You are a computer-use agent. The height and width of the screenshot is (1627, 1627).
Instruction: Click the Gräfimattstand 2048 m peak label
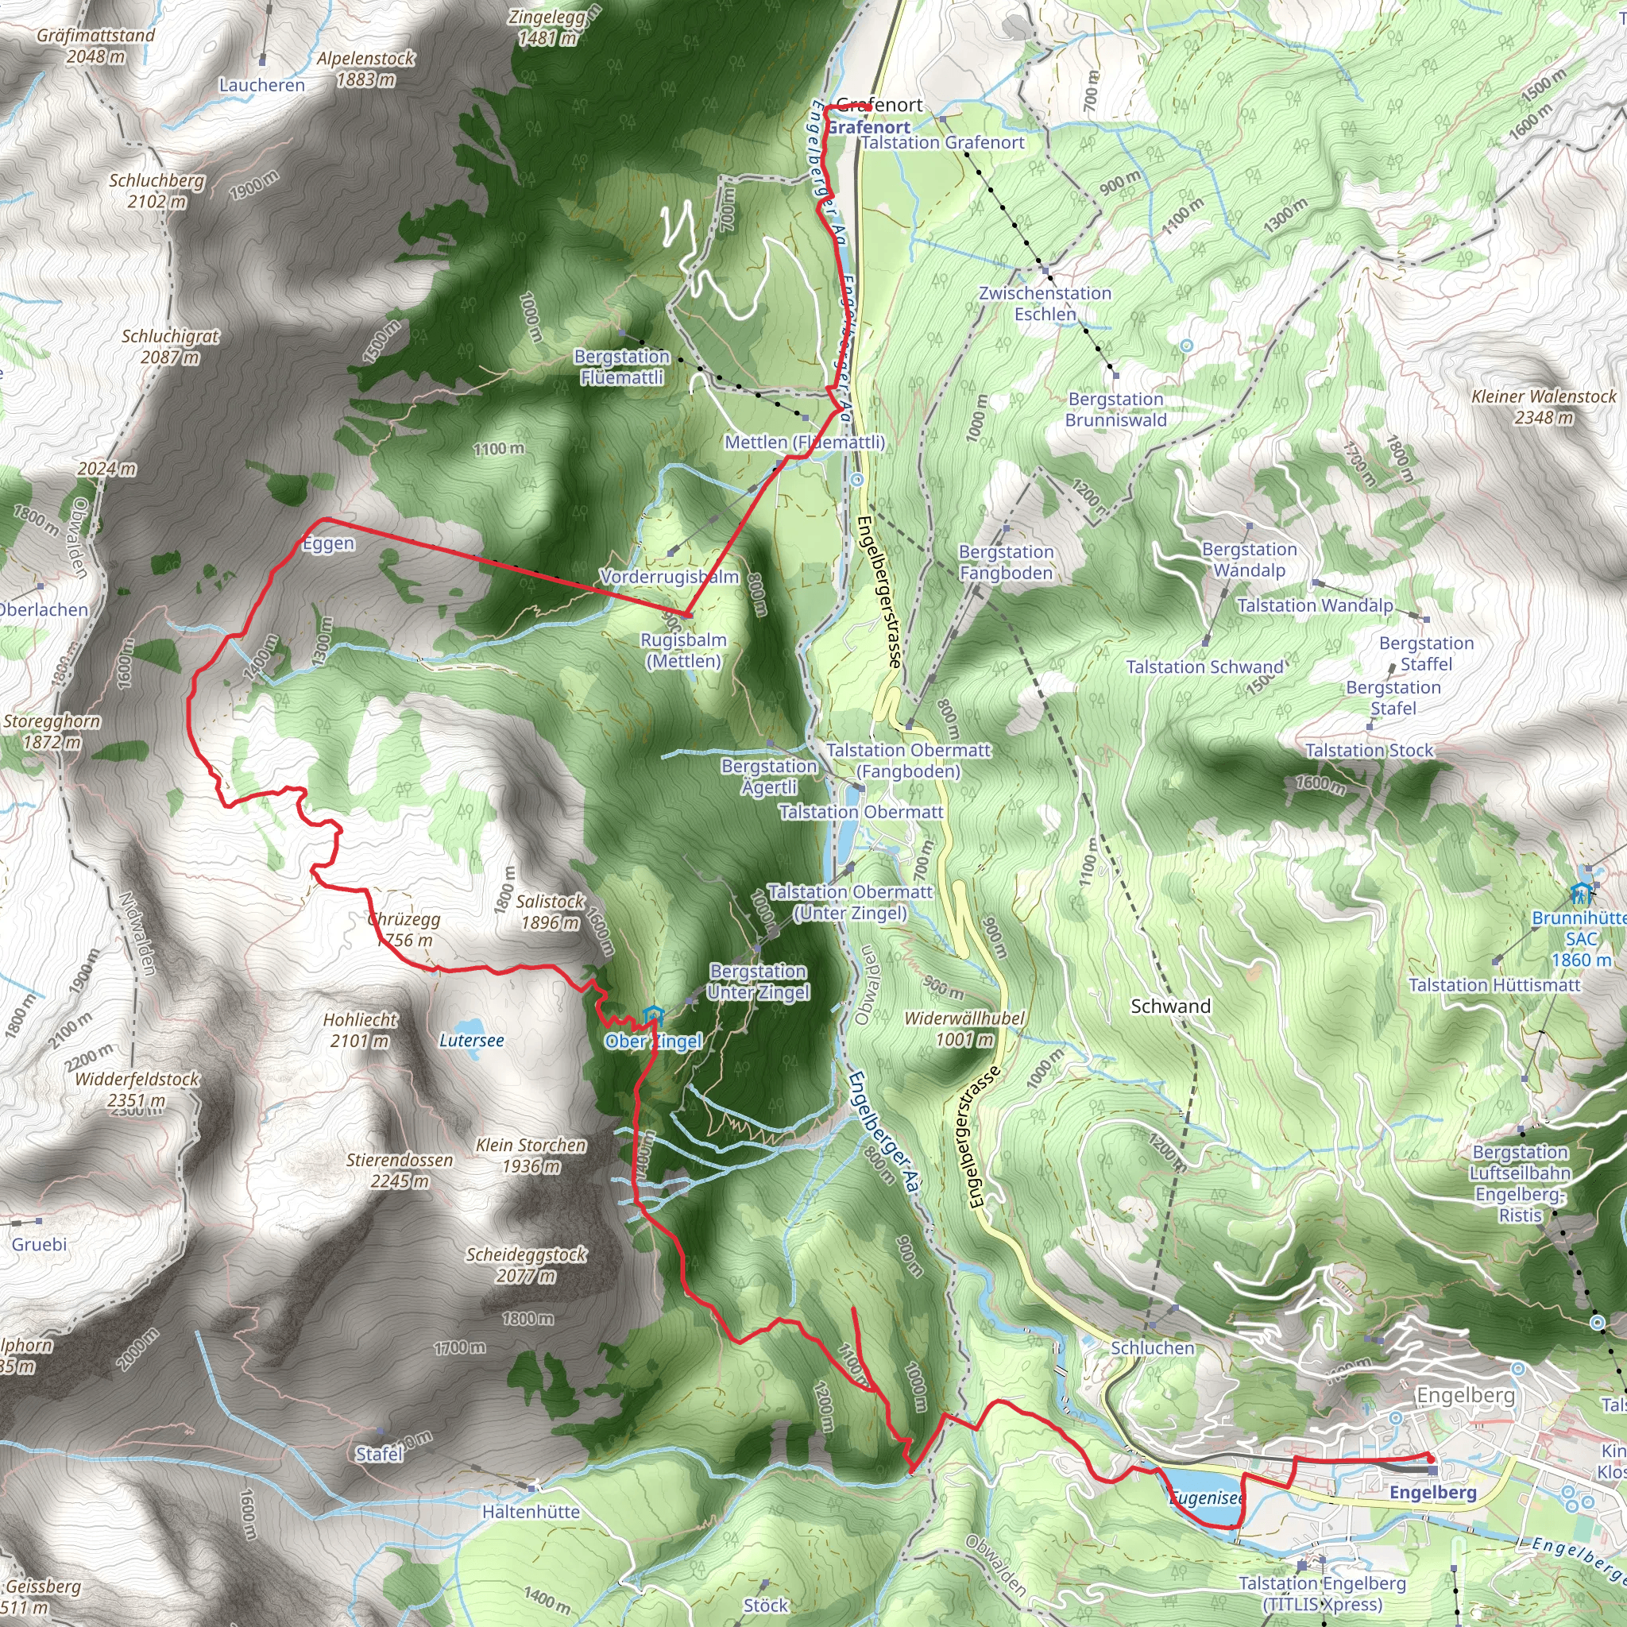96,45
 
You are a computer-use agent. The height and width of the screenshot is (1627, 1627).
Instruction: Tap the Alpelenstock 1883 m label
365,69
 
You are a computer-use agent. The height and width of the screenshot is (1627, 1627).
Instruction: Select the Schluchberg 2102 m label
157,191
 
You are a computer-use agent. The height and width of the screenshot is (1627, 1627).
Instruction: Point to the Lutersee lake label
472,1040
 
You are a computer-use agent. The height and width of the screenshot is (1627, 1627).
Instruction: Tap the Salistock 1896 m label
550,911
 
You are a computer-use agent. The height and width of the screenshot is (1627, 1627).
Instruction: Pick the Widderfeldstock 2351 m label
137,1089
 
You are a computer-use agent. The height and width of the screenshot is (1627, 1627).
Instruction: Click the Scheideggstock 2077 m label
527,1265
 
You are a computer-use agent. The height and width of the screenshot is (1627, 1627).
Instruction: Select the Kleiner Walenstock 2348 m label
1544,406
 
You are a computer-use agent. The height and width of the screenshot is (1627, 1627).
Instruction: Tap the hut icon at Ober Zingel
651,1015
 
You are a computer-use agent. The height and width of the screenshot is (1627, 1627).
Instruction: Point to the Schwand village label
1170,1006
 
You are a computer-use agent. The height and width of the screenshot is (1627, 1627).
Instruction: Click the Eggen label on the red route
328,543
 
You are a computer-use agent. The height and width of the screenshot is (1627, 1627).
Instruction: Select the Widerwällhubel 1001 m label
964,1028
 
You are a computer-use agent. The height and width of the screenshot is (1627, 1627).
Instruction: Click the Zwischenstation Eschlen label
1045,303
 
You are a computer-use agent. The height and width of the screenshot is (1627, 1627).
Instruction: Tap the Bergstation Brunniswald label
1116,409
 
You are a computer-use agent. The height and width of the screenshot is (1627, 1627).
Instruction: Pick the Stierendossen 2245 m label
400,1169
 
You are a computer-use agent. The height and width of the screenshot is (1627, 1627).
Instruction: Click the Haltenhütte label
531,1512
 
